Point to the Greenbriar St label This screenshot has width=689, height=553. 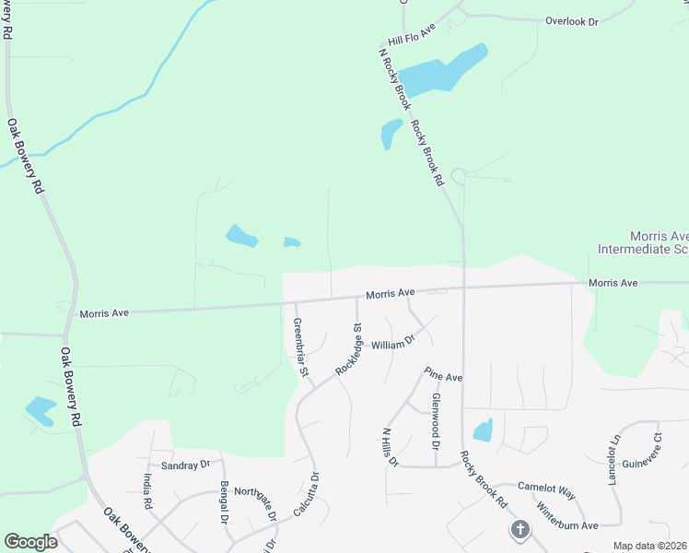pos(299,349)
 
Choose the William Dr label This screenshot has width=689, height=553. pos(394,343)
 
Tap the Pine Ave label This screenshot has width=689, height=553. pos(443,375)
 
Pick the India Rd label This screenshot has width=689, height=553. pos(147,491)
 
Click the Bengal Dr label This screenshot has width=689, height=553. pos(224,501)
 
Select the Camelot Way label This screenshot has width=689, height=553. pos(546,494)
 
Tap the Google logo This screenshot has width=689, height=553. pos(30,542)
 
